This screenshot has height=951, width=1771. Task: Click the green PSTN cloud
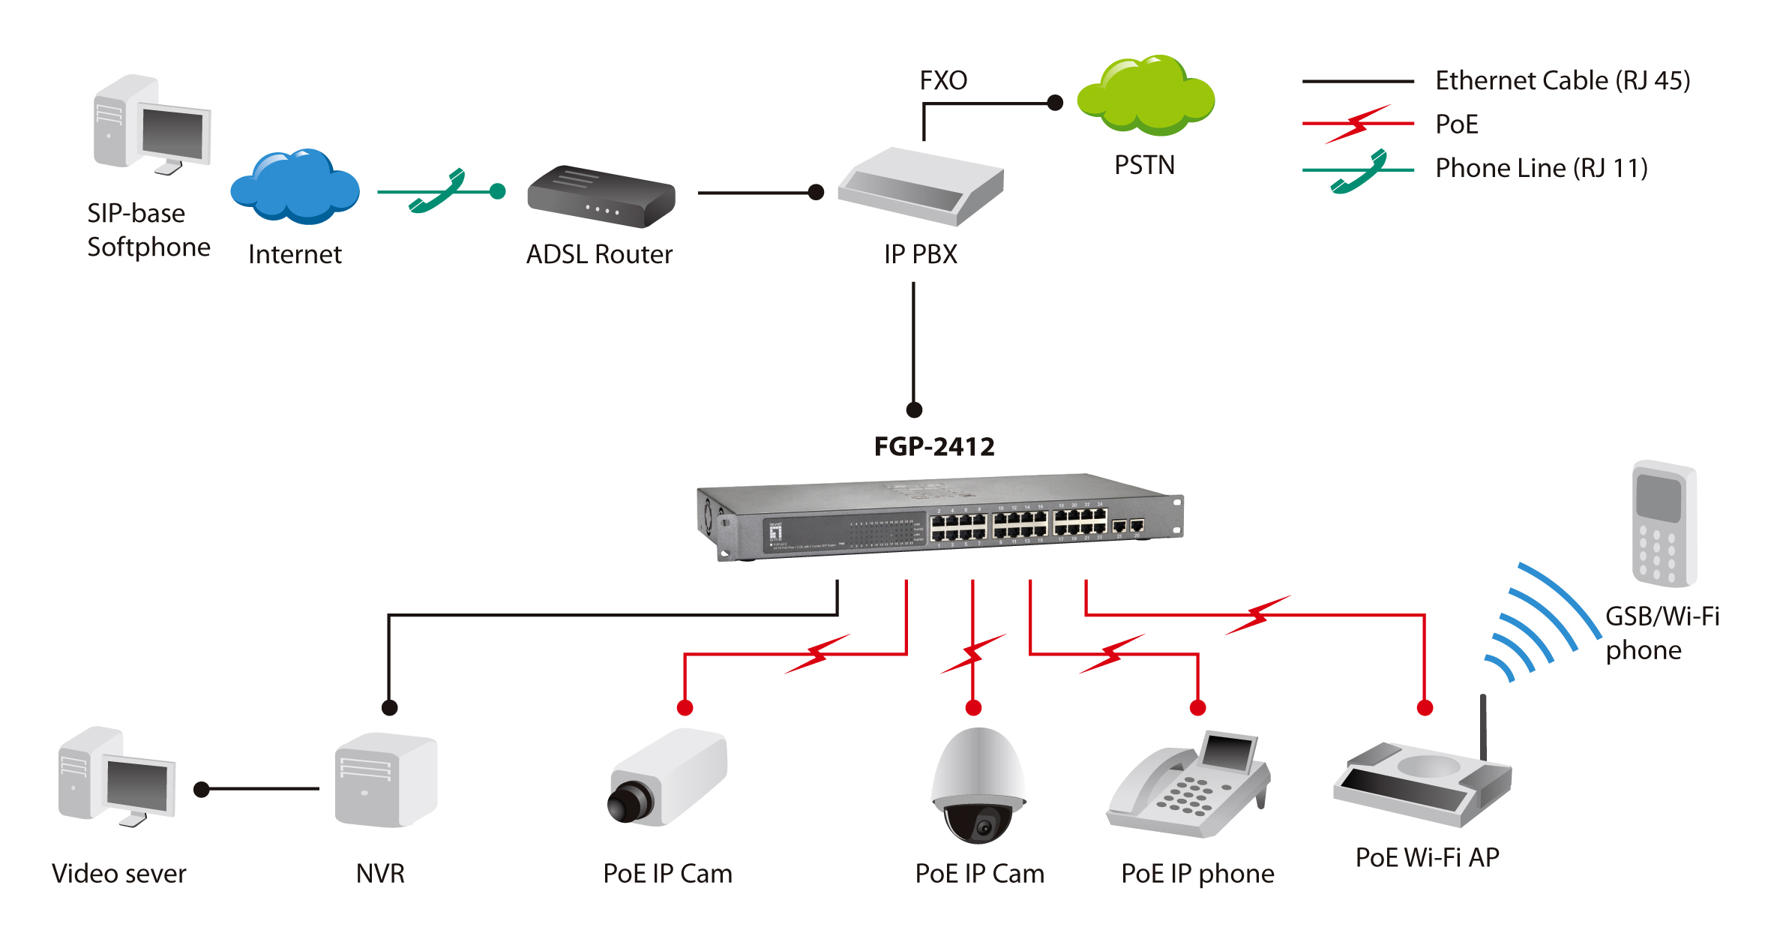coord(1146,96)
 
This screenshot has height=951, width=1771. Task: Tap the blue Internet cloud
coord(295,187)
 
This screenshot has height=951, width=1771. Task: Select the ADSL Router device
coord(601,196)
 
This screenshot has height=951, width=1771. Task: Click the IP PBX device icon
coord(921,187)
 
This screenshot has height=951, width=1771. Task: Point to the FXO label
coord(943,80)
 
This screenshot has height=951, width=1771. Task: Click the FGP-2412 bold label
coord(934,447)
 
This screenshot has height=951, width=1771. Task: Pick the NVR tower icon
coord(385,780)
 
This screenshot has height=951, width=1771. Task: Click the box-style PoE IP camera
coord(667,778)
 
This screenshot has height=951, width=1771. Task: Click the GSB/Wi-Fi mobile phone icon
coord(1664,523)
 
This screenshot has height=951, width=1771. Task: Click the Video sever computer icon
coord(116,777)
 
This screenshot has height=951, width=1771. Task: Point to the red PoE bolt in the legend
coord(1358,124)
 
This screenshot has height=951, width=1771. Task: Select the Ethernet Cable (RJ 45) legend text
coord(1563,81)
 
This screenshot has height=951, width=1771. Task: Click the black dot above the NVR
coord(389,707)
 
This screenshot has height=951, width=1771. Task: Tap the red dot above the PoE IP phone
coord(1197,707)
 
